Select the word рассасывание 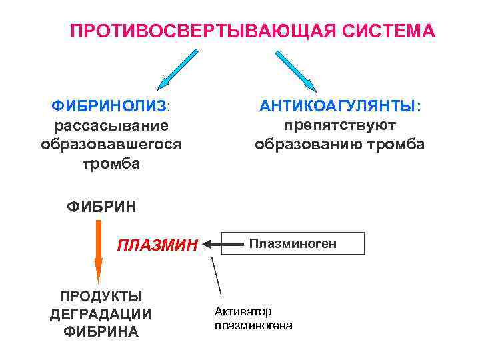coord(111,125)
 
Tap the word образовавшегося coord(111,144)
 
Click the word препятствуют coord(339,125)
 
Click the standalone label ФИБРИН coord(102,207)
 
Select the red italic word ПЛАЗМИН coord(158,245)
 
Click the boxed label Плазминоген coord(293,244)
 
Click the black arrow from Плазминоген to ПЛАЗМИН coord(224,245)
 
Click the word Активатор coord(243,311)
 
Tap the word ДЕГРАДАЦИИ coord(101,314)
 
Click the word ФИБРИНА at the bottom coord(101,331)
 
